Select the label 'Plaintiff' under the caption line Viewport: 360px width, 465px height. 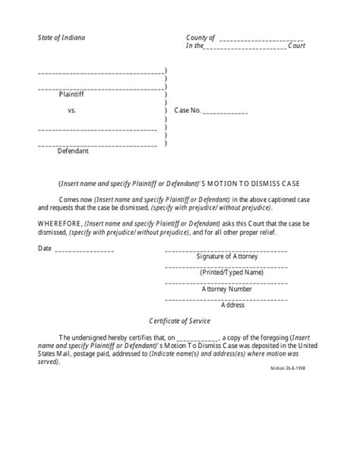coord(73,96)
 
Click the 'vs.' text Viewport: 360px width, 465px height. coord(73,111)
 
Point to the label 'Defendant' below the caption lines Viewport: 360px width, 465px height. coord(74,150)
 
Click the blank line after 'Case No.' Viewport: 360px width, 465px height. coord(226,112)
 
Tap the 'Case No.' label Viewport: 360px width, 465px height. coord(188,111)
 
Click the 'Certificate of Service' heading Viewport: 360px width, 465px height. coord(179,322)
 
